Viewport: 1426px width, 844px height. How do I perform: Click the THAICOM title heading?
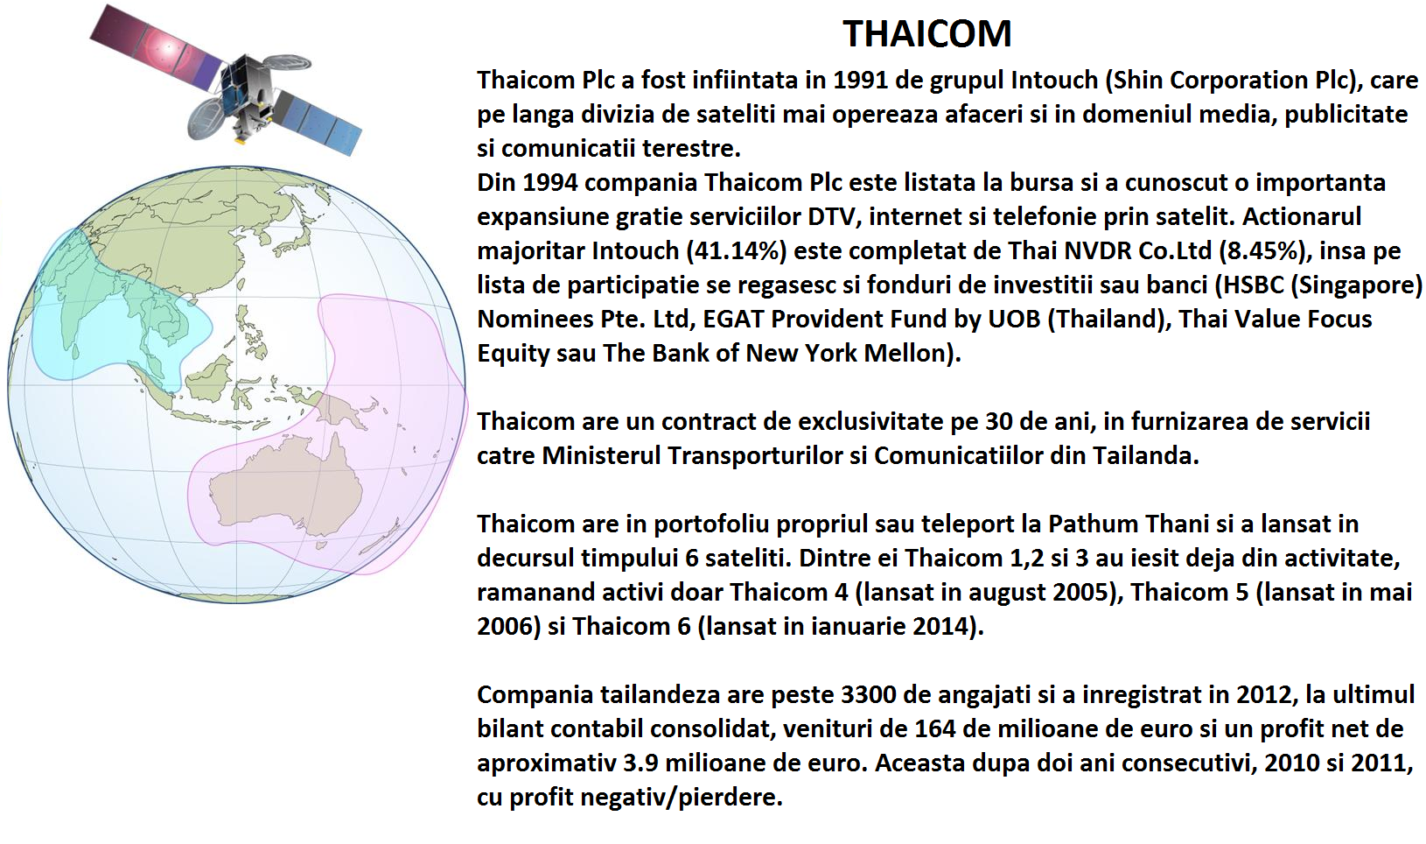coord(927,34)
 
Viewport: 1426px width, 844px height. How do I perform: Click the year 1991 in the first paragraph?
coord(861,81)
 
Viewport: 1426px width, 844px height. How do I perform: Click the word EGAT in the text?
coord(730,320)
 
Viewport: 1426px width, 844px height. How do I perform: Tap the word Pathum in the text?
coord(1093,524)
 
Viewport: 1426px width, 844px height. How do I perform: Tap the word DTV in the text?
coord(835,216)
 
